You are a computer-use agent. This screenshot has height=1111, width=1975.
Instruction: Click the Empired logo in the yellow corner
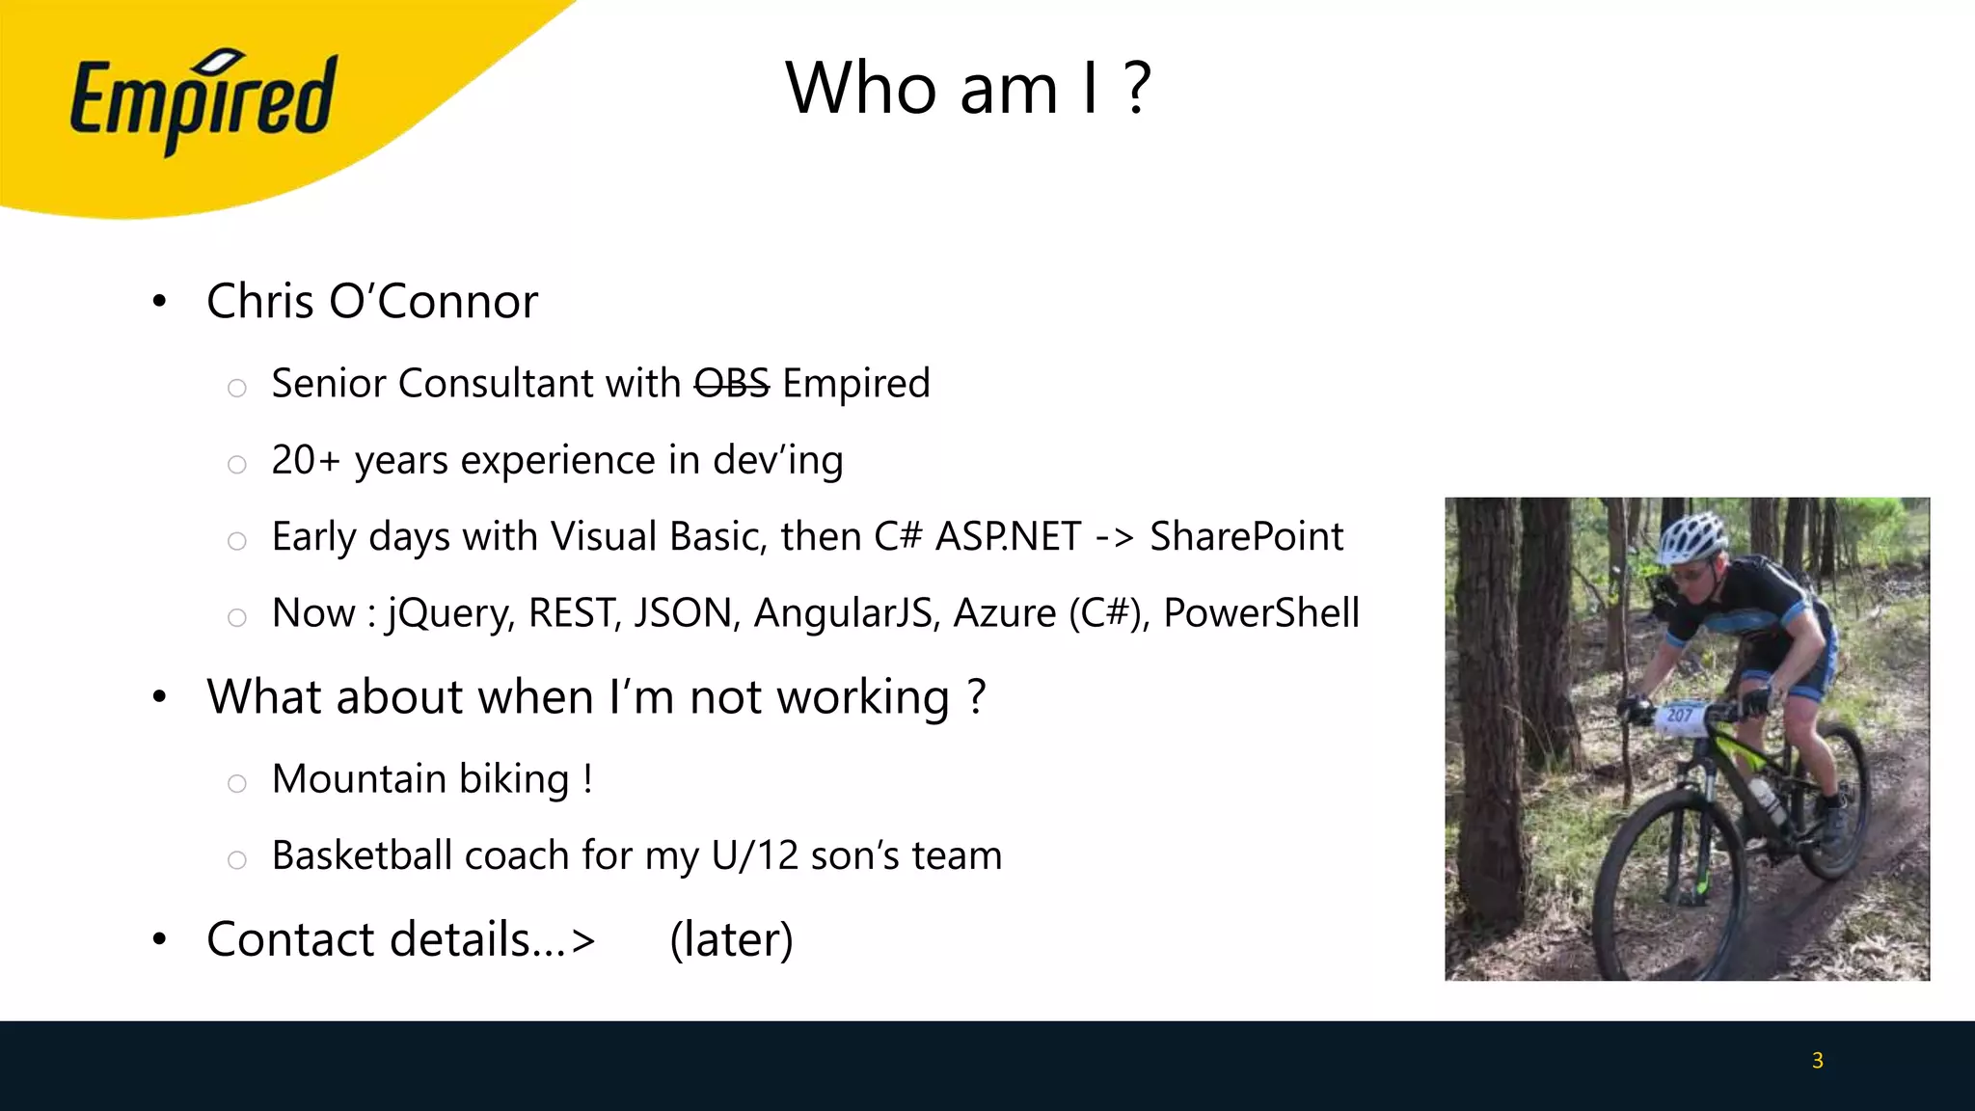203,101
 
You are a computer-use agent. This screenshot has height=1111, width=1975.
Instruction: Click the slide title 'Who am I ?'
968,88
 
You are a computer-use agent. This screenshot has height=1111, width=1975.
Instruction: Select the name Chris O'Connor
372,302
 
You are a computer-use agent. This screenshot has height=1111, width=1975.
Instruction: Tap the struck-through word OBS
732,384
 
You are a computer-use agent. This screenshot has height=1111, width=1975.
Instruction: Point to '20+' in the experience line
306,460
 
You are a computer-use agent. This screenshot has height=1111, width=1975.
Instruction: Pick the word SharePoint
1246,536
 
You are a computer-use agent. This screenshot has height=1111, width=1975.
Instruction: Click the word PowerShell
1261,613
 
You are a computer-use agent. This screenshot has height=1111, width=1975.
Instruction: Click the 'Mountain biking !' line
432,779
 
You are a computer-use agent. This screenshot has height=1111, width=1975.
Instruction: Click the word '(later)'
732,939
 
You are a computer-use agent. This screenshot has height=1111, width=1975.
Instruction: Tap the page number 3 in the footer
1818,1061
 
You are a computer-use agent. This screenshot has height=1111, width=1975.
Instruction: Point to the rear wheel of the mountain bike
1829,800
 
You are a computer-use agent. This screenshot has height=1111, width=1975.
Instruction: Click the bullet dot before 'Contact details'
160,939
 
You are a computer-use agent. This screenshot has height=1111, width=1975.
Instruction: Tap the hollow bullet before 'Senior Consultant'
237,388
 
